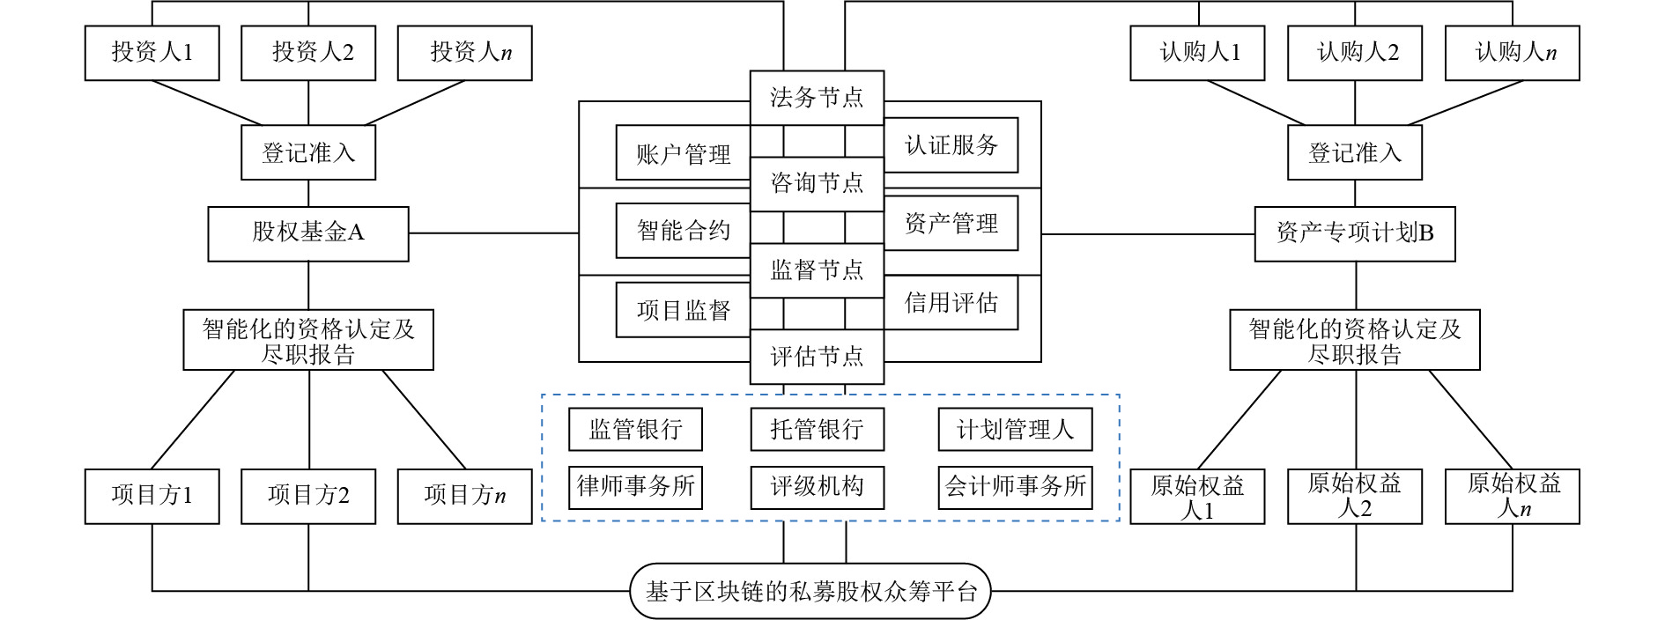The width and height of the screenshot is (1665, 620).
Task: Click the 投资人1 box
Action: [152, 53]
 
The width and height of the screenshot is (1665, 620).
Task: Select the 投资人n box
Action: [464, 53]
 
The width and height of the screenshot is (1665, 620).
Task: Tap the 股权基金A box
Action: [308, 233]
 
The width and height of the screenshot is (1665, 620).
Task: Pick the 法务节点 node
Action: [817, 98]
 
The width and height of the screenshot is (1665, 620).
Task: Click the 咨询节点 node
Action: [817, 183]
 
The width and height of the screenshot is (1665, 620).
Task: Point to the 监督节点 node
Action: [817, 269]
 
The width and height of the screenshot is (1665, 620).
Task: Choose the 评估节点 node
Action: [817, 357]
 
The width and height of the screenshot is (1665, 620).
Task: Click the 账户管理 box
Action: [683, 154]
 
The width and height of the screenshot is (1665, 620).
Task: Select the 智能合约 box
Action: [683, 231]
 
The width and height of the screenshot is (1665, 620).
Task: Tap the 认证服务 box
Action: [951, 145]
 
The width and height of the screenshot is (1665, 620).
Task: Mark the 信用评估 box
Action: [951, 303]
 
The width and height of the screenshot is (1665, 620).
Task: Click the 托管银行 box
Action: [817, 429]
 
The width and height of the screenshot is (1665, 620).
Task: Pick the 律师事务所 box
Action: [635, 486]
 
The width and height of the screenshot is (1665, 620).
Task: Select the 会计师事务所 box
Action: [1015, 486]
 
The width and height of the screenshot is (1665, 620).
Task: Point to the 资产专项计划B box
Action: [1355, 233]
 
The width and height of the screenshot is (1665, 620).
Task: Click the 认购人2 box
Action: [1355, 53]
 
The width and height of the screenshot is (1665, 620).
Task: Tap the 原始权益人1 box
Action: [1197, 497]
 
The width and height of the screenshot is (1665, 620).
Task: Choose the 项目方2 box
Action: [308, 496]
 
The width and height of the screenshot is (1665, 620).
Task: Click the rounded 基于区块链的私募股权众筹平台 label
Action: [810, 591]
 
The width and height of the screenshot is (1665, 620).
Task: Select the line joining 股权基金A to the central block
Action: [493, 233]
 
